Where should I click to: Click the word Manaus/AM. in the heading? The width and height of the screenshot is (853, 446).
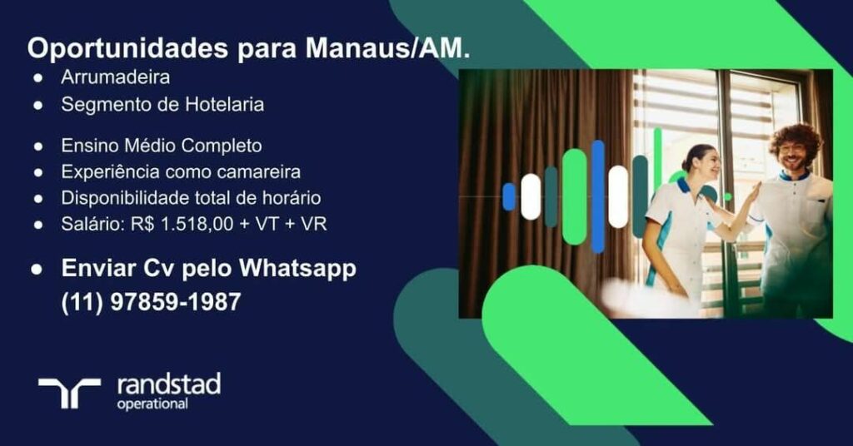tap(388, 48)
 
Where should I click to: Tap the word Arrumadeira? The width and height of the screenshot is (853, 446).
tap(115, 77)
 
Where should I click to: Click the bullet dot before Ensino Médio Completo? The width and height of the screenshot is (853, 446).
tap(38, 146)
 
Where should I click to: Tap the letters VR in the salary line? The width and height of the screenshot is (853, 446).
tap(314, 224)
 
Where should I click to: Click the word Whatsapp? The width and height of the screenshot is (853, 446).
tap(298, 270)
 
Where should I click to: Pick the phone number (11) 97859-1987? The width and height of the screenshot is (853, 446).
tap(151, 302)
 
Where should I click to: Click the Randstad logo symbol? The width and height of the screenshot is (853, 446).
tap(69, 392)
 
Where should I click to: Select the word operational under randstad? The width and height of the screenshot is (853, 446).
tap(153, 404)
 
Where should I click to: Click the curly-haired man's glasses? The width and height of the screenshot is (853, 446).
tap(793, 148)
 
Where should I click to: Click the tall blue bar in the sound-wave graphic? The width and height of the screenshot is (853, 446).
tap(598, 196)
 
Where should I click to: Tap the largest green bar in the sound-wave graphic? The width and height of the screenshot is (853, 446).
tap(575, 196)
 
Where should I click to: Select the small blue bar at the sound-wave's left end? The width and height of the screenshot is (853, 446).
tap(509, 196)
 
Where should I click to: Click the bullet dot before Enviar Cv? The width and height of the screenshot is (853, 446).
tap(37, 269)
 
